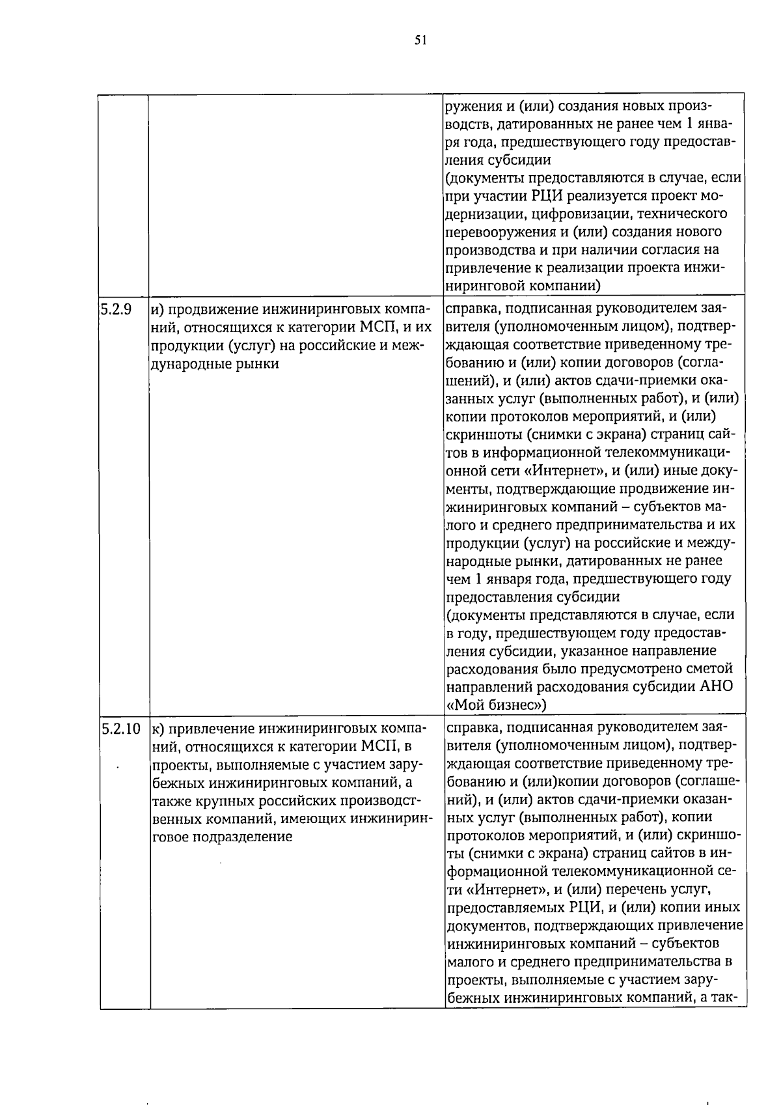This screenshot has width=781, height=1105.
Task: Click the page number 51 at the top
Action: pyautogui.click(x=420, y=40)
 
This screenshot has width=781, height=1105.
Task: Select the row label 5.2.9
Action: pyautogui.click(x=116, y=309)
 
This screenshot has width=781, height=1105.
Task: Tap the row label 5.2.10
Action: pyautogui.click(x=120, y=729)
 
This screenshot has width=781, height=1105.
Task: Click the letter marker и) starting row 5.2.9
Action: pyautogui.click(x=157, y=310)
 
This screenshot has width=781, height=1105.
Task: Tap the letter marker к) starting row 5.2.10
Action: pyautogui.click(x=157, y=729)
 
